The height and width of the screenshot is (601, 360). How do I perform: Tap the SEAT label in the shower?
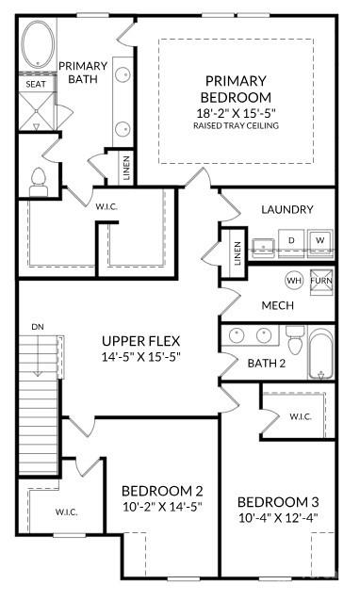[x=34, y=84]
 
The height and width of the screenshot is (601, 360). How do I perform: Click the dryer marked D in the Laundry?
[x=291, y=241]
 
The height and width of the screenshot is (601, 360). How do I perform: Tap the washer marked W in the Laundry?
[x=320, y=241]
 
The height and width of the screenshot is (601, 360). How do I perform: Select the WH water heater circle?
[x=293, y=281]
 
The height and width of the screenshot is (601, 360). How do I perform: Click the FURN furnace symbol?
[x=321, y=281]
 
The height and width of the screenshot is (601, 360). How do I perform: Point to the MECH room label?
[x=277, y=305]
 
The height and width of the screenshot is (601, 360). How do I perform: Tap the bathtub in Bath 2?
[x=322, y=353]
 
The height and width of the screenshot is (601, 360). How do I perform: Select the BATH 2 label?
[x=266, y=363]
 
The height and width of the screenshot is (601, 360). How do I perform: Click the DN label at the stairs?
[x=38, y=326]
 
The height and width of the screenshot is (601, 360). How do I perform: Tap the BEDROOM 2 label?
[x=162, y=491]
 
